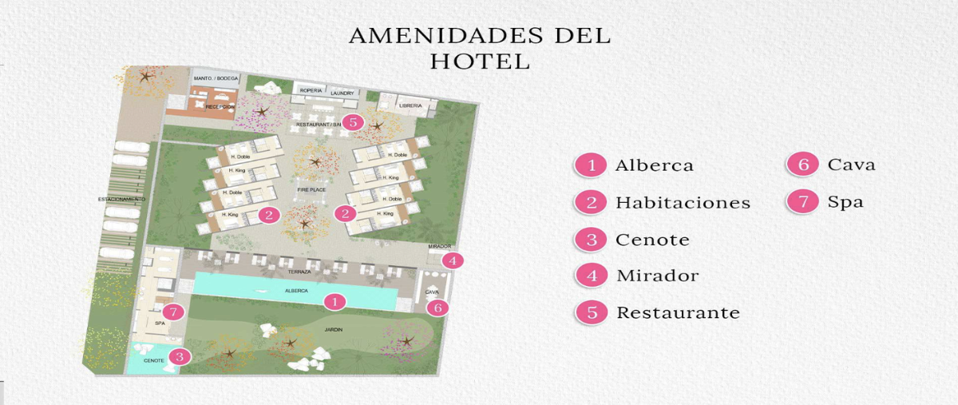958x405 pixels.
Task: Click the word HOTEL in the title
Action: point(480,61)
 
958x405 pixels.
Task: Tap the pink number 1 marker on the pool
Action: point(335,301)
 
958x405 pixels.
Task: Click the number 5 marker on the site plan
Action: point(353,122)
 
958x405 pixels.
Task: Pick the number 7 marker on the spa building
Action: point(175,312)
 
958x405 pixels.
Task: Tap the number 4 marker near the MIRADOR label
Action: point(453,260)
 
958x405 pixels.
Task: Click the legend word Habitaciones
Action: point(683,203)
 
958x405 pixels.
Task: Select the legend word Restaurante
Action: point(678,312)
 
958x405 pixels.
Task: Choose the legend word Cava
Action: point(851,165)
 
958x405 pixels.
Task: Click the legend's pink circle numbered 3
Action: point(592,240)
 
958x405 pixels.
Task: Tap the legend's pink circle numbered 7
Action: point(803,202)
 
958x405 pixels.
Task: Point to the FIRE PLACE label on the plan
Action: point(310,191)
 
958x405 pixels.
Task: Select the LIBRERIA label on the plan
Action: point(410,105)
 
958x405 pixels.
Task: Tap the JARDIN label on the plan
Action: point(333,328)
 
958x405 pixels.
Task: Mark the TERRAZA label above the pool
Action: point(278,272)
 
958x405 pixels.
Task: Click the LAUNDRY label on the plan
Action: point(342,93)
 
